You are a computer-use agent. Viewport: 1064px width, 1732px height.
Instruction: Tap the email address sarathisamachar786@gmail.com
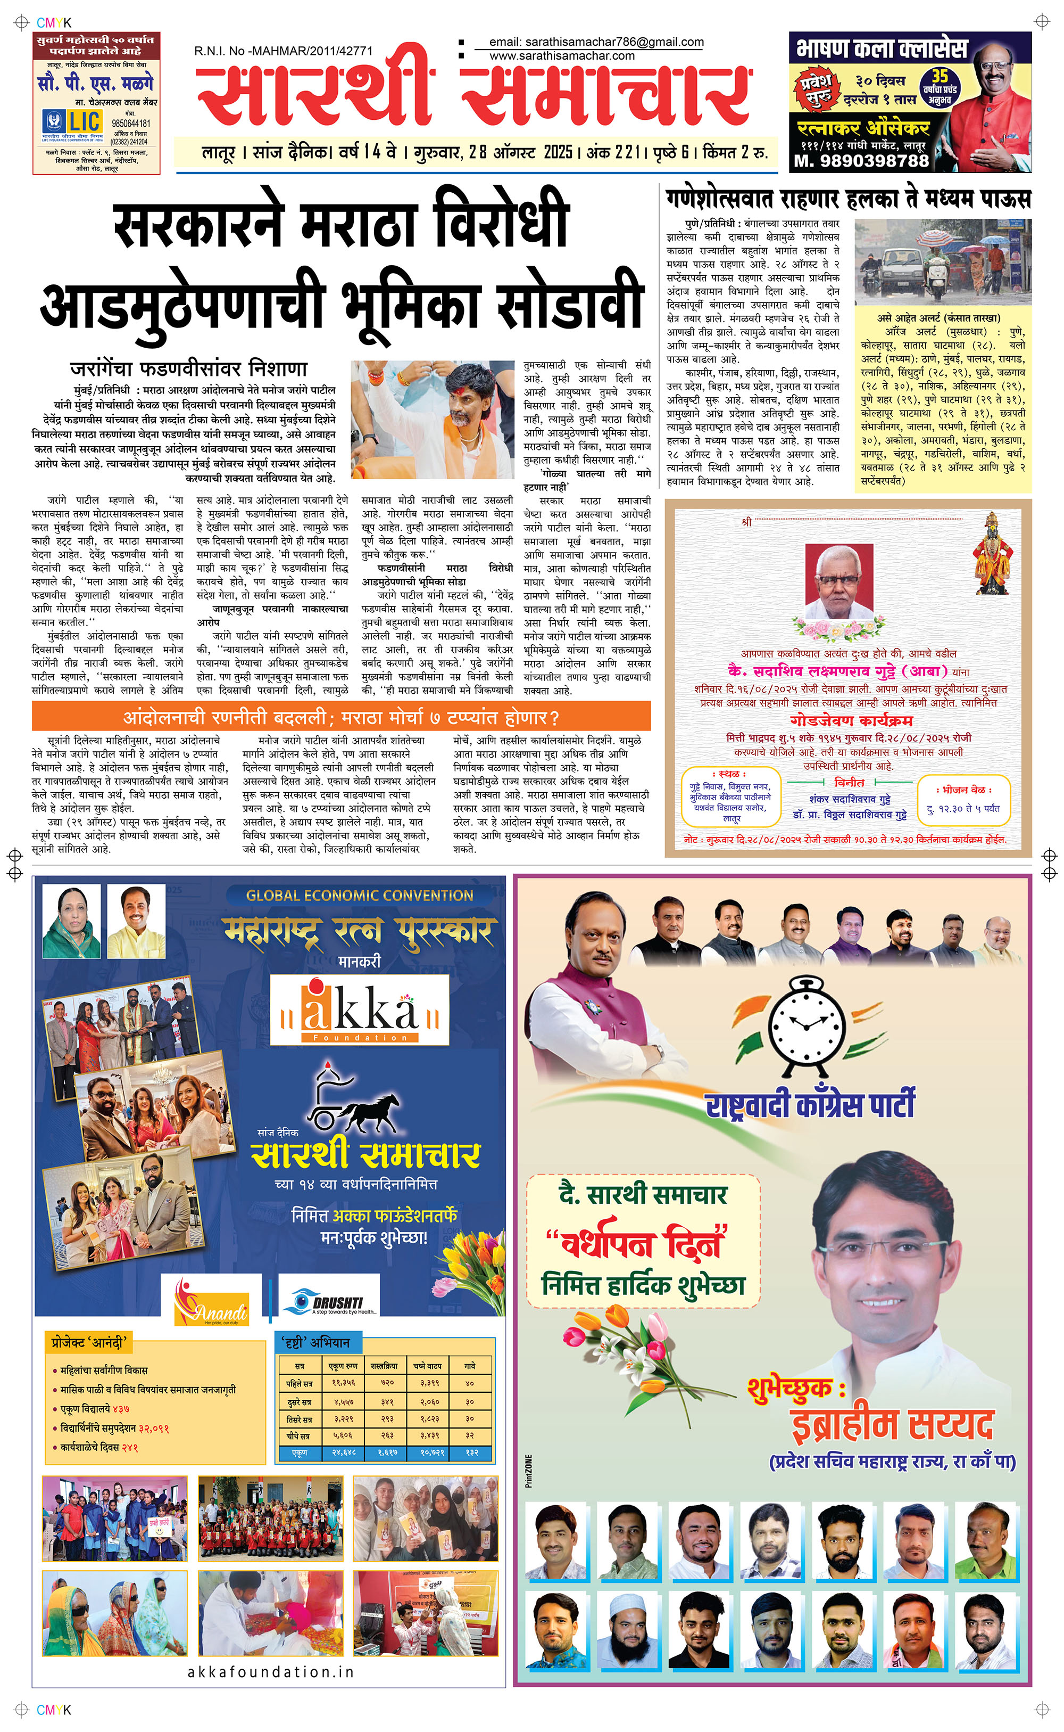point(596,42)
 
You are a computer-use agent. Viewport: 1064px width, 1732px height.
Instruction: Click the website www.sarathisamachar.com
point(562,55)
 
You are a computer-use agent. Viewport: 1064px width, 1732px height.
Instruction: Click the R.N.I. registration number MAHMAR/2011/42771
point(284,51)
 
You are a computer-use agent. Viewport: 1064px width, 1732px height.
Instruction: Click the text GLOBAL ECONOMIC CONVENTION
point(359,896)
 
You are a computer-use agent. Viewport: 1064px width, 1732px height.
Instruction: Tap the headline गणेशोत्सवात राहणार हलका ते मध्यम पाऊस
point(848,199)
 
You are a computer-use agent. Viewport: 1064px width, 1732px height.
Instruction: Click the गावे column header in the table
point(469,1365)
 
